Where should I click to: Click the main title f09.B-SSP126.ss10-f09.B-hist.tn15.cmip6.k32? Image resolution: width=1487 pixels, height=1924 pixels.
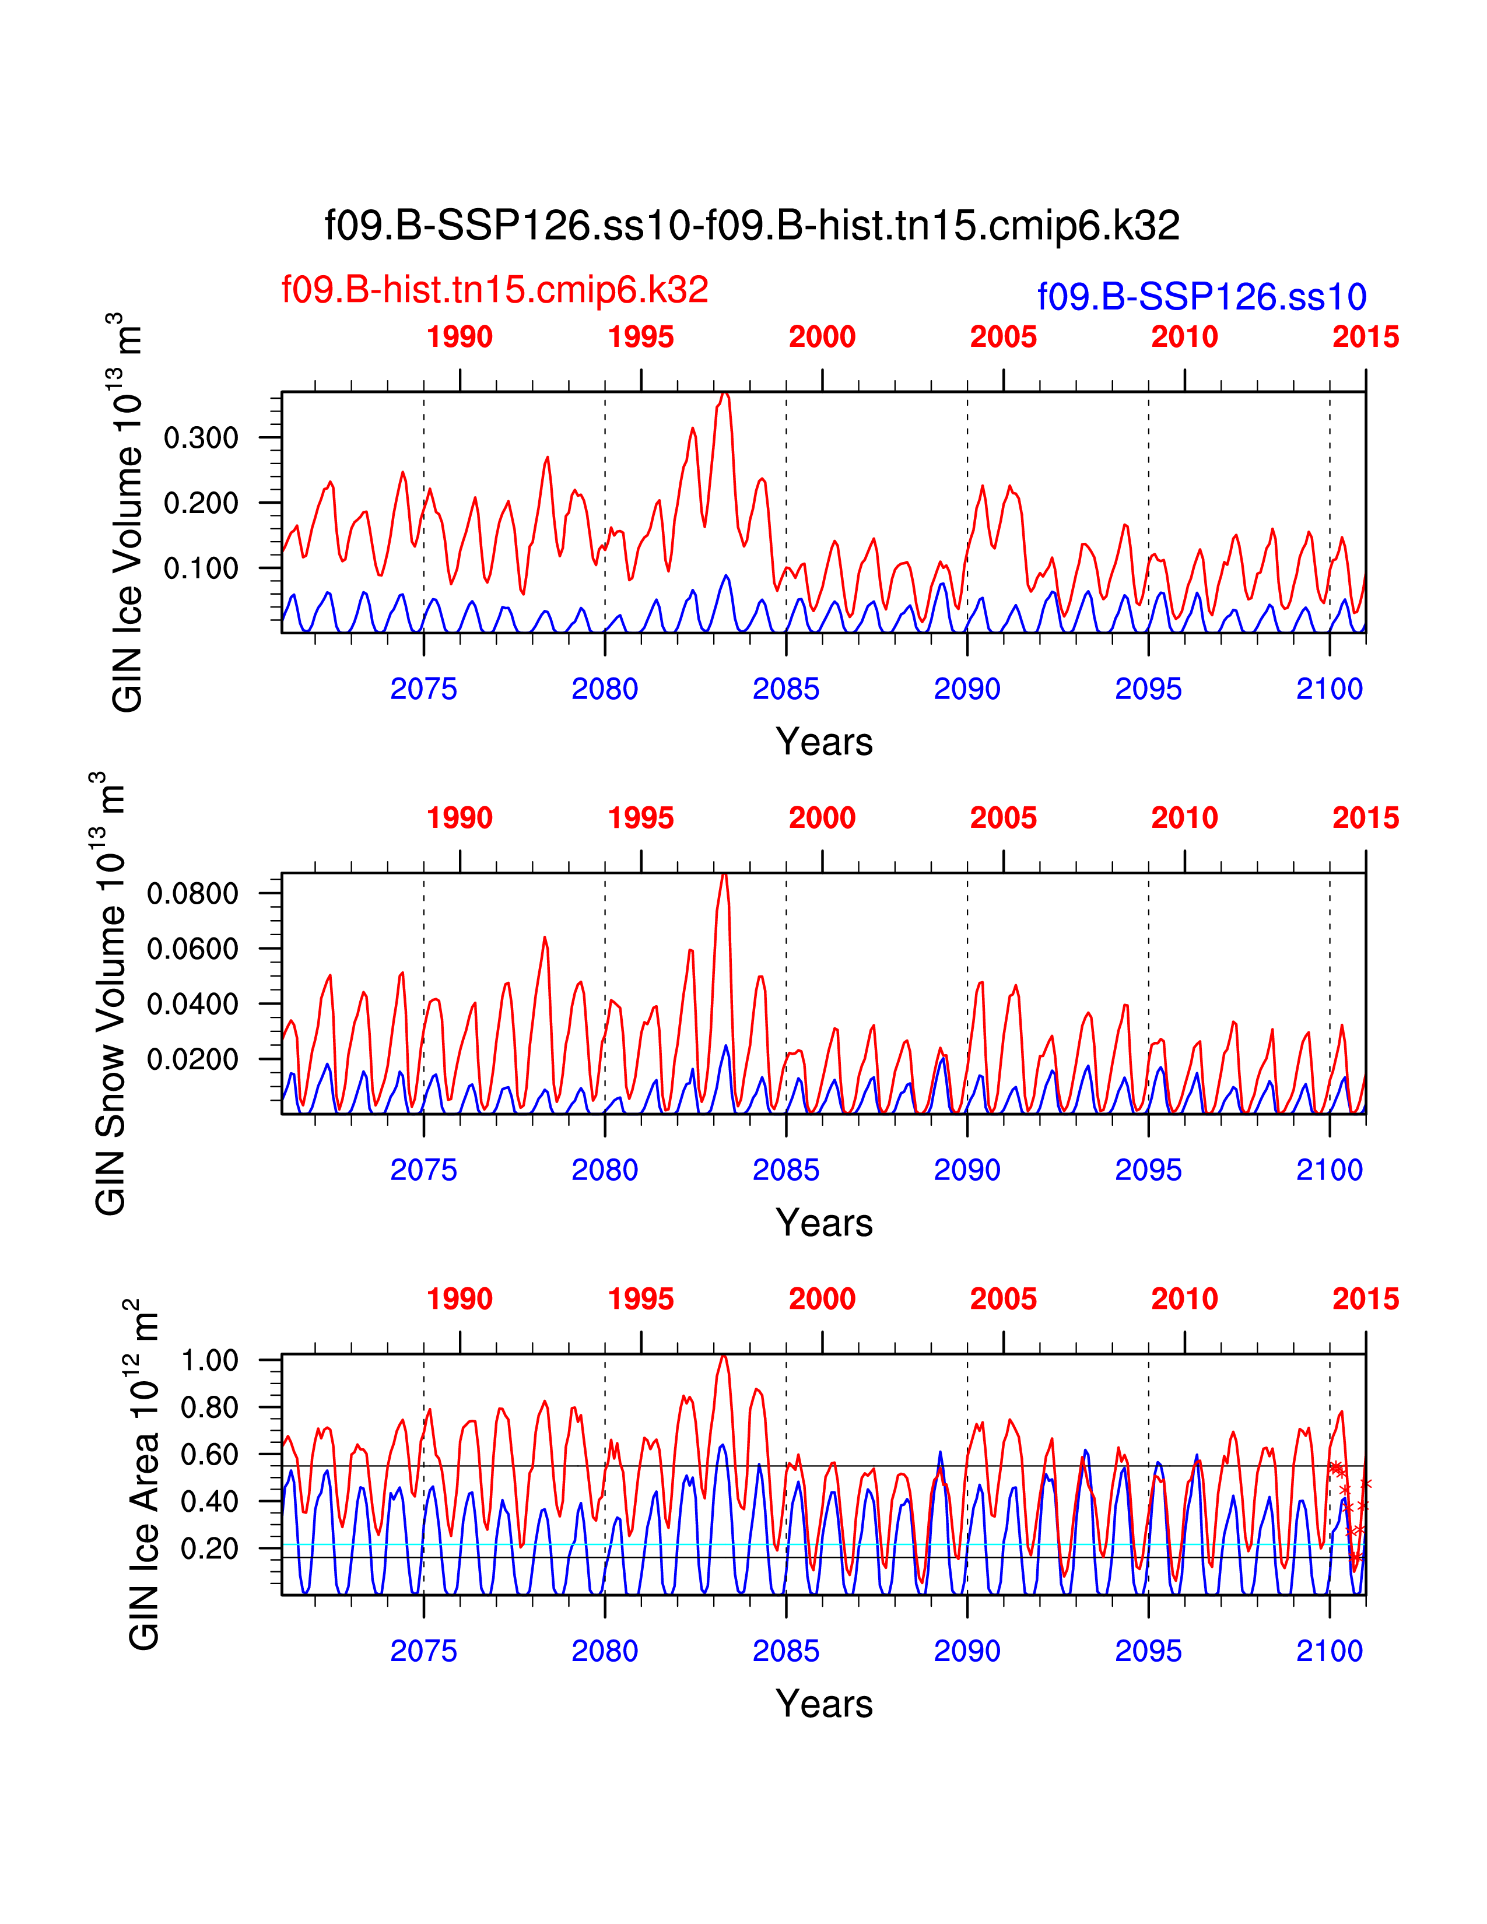pos(752,226)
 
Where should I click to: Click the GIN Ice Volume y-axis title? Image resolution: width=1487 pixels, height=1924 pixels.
pos(128,512)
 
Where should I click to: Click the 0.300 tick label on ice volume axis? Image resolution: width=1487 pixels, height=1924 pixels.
pos(201,438)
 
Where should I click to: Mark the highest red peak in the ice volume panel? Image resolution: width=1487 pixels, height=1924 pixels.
pos(724,395)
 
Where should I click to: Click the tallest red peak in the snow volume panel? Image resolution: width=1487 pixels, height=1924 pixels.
pos(723,875)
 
